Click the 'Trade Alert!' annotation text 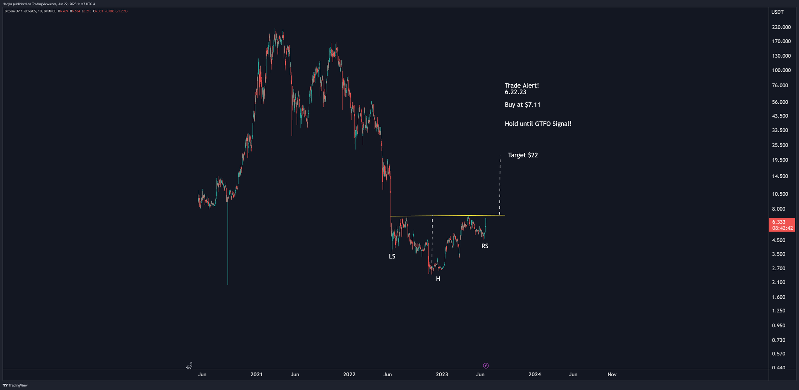(522, 85)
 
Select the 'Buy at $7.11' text (522, 105)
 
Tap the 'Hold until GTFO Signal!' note (538, 124)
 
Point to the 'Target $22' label (523, 155)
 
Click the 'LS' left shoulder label (392, 256)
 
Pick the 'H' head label (438, 279)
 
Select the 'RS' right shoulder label (485, 246)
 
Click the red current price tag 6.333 (782, 222)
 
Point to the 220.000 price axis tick (781, 27)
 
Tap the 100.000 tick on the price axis (781, 70)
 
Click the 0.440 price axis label (778, 367)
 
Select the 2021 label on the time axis (256, 374)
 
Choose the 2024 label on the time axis (534, 374)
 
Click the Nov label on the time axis (612, 374)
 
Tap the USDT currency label (777, 12)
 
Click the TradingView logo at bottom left (16, 385)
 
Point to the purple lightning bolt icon (486, 366)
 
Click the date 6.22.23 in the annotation (515, 92)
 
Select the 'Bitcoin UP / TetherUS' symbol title (20, 11)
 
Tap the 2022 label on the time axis (349, 374)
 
